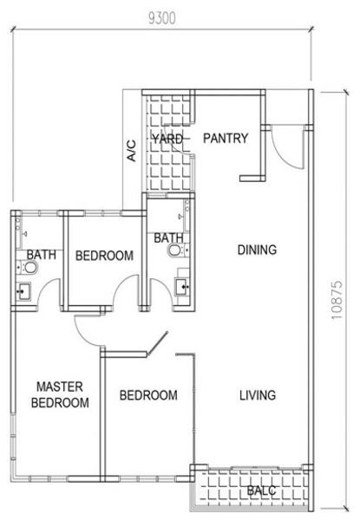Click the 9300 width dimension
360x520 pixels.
162,18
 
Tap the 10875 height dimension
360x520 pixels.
337,300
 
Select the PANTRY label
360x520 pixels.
226,138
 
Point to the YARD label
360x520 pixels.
167,139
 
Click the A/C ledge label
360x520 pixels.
131,151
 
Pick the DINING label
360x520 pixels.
257,250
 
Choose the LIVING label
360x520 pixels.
258,395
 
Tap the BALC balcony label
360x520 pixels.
261,491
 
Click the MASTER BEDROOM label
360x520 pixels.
60,394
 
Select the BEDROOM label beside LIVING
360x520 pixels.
148,395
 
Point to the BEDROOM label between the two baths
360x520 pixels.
104,256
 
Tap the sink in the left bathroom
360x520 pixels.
24,291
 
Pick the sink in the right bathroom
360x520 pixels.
182,287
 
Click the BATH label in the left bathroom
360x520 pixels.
41,255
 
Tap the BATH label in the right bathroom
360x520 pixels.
168,237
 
